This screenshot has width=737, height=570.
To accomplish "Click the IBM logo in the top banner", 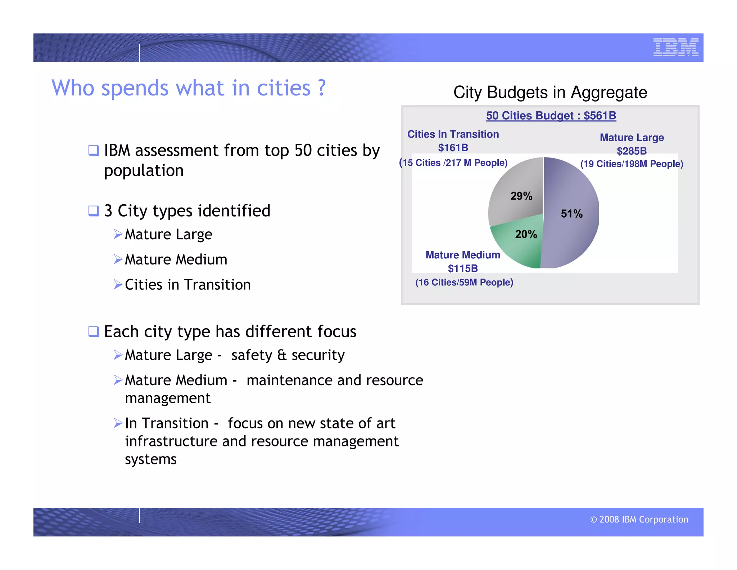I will (675, 47).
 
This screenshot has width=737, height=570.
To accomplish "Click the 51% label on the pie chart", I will (571, 214).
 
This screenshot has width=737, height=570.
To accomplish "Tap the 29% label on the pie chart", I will (521, 196).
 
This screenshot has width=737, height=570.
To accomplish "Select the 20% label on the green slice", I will (526, 234).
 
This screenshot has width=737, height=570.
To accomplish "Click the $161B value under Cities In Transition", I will (453, 148).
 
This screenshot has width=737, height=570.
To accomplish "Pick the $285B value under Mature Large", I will (632, 151).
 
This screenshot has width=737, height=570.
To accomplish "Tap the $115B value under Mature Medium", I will (463, 268).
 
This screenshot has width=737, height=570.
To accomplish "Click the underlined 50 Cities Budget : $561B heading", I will (551, 116).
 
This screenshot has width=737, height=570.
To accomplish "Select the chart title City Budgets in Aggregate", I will (550, 92).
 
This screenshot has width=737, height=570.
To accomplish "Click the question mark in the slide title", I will (321, 88).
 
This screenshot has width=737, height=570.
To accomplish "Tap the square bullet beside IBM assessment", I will (94, 150).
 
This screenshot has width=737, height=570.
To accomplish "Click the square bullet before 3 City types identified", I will (94, 210).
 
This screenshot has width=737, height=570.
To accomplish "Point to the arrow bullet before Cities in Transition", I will (118, 284).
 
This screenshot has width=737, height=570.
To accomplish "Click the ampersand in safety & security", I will (282, 355).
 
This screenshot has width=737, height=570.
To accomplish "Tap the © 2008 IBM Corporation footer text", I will (639, 519).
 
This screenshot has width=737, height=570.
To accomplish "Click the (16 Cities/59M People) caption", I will (464, 282).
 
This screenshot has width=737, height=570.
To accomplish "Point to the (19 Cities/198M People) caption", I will (632, 164).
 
